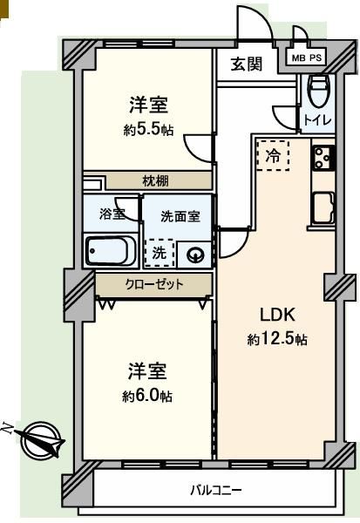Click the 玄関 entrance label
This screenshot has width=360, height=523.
[247, 64]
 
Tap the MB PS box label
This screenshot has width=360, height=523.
[307, 58]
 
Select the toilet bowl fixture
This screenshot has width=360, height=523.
[319, 91]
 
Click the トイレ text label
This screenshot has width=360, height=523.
[317, 119]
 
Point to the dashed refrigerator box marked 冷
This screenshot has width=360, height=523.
[273, 155]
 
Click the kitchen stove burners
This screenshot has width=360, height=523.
[323, 158]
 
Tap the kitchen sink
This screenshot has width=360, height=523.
[323, 207]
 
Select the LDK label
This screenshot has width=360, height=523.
[277, 315]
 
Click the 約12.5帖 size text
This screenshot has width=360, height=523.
[277, 339]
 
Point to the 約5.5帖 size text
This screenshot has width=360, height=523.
[148, 130]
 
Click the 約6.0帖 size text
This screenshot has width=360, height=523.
[147, 396]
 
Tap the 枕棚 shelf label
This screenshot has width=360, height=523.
[155, 181]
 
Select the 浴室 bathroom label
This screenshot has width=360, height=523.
[112, 214]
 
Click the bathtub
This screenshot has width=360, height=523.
[111, 250]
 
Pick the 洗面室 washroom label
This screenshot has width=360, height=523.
[180, 216]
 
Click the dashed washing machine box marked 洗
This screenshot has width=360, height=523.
[160, 253]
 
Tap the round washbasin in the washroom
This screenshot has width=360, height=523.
[194, 255]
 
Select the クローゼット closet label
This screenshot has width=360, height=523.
[154, 284]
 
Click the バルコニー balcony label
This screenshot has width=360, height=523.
[216, 490]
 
